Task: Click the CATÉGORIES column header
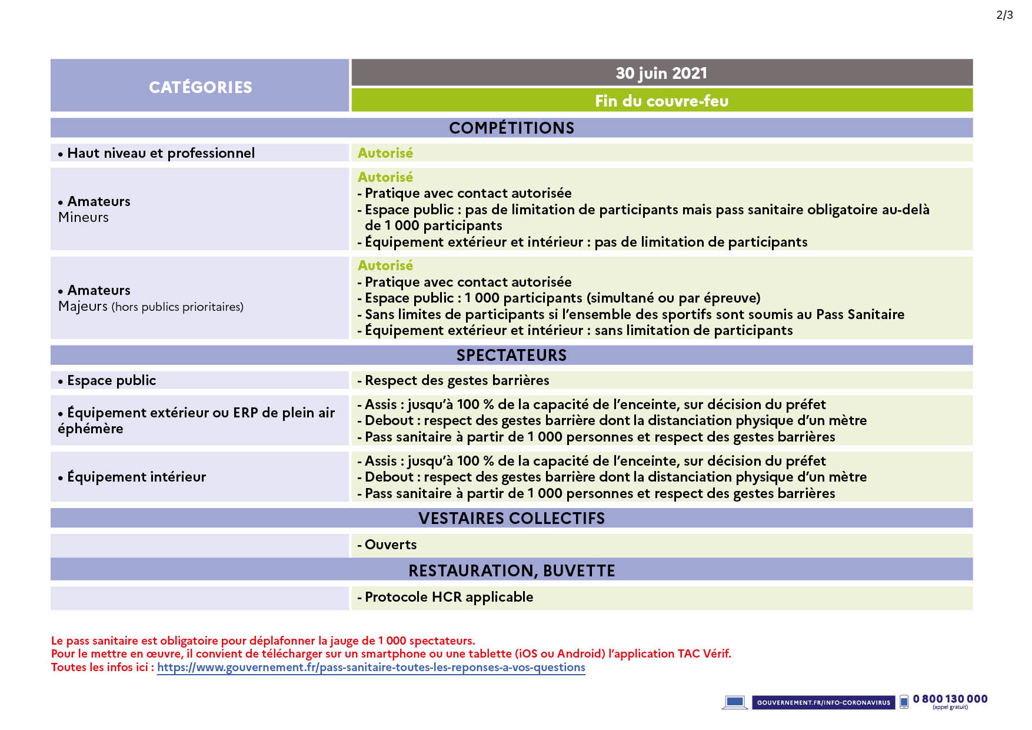pos(200,87)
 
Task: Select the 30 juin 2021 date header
pos(661,73)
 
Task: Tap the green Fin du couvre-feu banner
pos(661,101)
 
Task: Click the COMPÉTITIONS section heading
pos(511,128)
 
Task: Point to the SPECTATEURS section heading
pos(511,355)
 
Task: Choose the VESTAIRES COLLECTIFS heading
pos(511,518)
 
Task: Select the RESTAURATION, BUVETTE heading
pos(511,570)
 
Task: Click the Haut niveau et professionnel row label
pos(161,153)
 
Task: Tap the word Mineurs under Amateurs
pos(84,217)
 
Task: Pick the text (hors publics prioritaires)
pos(177,307)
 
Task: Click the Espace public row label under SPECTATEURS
pos(111,380)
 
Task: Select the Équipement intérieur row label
pos(137,477)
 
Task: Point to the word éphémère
pos(91,429)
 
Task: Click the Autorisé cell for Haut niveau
pos(385,153)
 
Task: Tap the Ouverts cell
pos(390,545)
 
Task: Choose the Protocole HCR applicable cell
pos(449,597)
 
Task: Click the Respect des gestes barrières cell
pos(457,380)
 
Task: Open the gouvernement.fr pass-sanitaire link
pos(371,667)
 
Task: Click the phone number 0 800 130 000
pos(950,699)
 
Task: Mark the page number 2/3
pos(1004,15)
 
